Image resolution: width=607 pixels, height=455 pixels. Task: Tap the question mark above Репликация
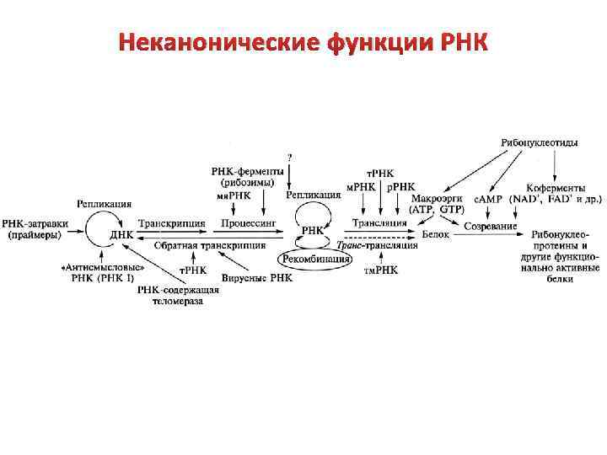(x=290, y=157)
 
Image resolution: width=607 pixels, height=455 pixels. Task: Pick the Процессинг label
(x=245, y=223)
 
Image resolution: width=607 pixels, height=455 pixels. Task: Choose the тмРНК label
(x=381, y=270)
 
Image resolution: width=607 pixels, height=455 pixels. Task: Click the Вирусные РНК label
(x=257, y=277)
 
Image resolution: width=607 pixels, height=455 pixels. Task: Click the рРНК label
(x=401, y=185)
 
